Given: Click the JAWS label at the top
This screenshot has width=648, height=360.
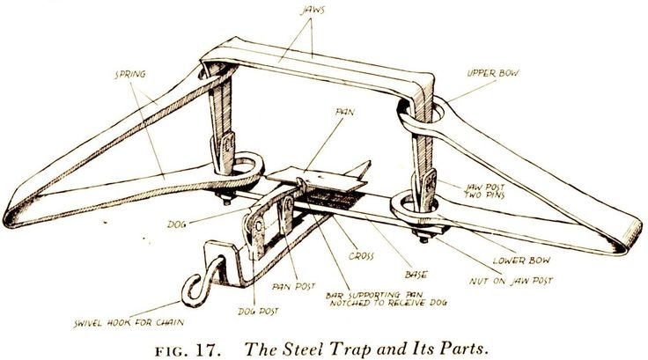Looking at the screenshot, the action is (x=313, y=10).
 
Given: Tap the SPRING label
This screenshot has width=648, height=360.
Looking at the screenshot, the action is (x=130, y=75).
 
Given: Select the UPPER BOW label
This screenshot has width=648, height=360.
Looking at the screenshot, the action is (x=493, y=73).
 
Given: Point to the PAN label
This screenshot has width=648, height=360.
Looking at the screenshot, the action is (x=345, y=112).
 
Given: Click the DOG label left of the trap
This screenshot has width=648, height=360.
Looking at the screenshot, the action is (x=177, y=224).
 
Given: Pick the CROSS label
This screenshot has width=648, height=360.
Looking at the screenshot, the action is (x=361, y=256).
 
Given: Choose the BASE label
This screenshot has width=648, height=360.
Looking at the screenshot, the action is (x=416, y=274).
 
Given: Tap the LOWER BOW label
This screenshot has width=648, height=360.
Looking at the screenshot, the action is (x=521, y=261).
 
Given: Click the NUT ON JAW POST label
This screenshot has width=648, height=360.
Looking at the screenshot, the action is (x=511, y=281).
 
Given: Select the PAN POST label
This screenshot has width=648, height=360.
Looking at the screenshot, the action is (x=293, y=286).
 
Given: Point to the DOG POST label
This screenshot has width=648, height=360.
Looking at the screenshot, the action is (x=258, y=311).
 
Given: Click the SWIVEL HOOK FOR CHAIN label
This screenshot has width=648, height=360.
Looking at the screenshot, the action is (x=129, y=322).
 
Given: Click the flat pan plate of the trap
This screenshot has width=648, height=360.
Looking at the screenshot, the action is (x=316, y=180).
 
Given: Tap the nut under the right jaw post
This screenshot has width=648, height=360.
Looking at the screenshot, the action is (x=423, y=238).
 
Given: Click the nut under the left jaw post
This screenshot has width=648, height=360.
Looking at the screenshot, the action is (x=226, y=201).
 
